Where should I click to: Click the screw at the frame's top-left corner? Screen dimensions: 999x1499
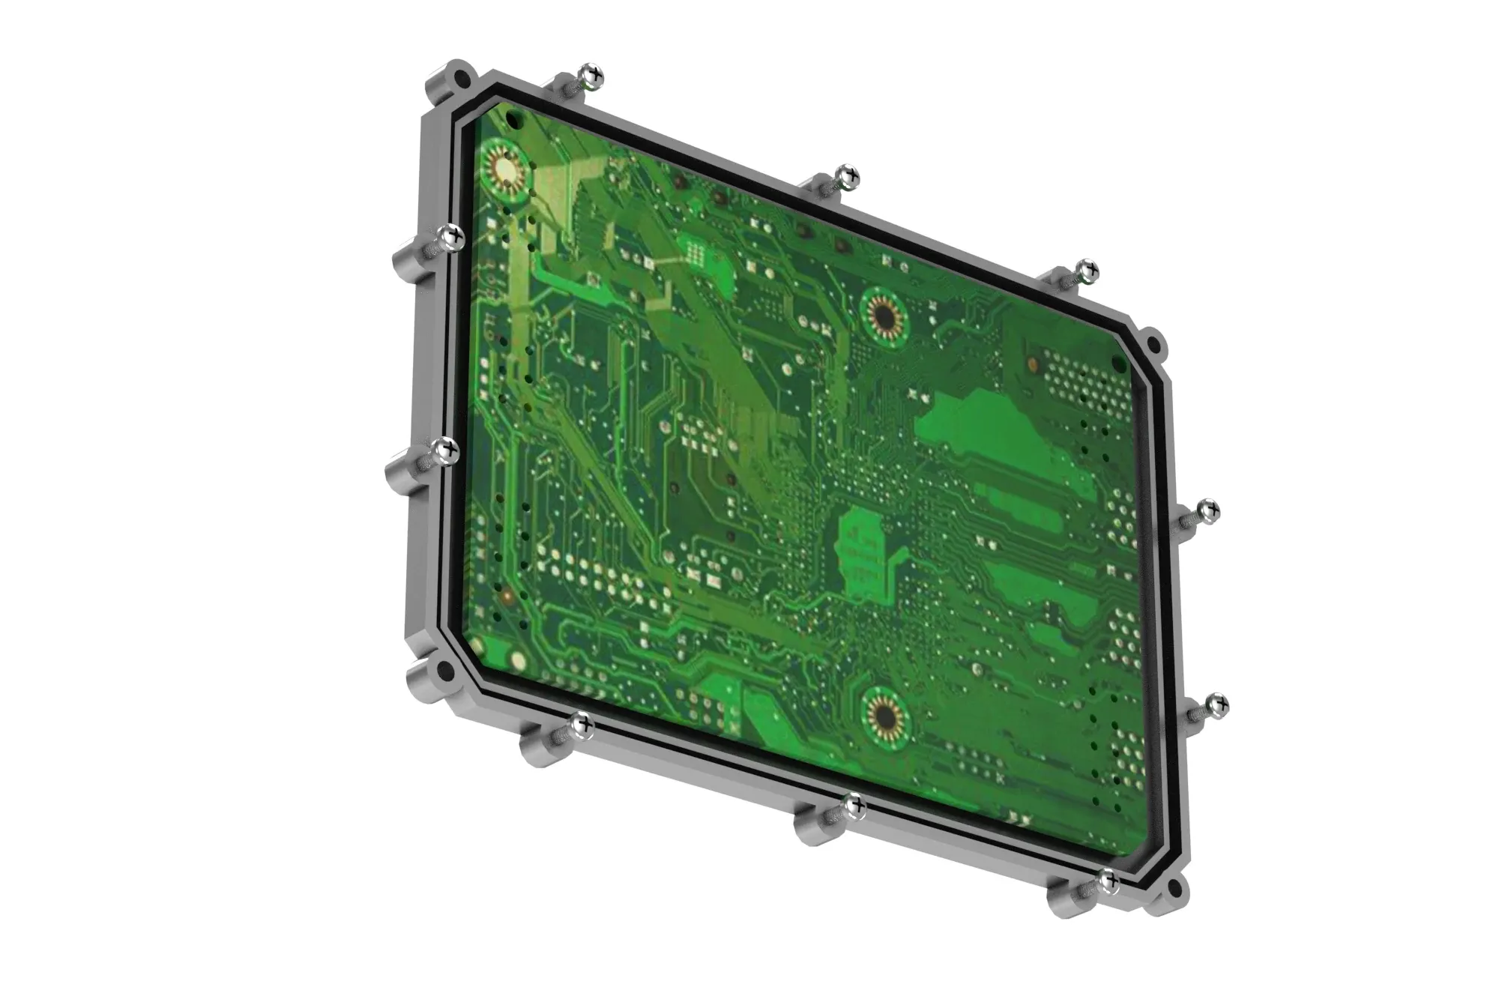click(593, 75)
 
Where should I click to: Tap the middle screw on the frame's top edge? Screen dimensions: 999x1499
click(848, 177)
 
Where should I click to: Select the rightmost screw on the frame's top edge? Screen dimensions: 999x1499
click(1087, 269)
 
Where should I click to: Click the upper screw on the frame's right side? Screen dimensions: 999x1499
click(1207, 512)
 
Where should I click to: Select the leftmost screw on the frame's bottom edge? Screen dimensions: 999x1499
click(582, 725)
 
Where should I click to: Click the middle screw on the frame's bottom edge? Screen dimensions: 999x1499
click(854, 806)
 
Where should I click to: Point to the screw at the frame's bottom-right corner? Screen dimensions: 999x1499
click(1108, 881)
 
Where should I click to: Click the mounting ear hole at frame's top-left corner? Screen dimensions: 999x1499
click(465, 77)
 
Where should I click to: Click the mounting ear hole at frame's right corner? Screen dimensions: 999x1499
click(1155, 346)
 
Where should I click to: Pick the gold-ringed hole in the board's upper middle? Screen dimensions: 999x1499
click(884, 314)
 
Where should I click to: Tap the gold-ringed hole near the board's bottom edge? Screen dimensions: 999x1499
click(885, 716)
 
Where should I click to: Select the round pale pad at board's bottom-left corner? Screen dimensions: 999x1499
click(518, 660)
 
